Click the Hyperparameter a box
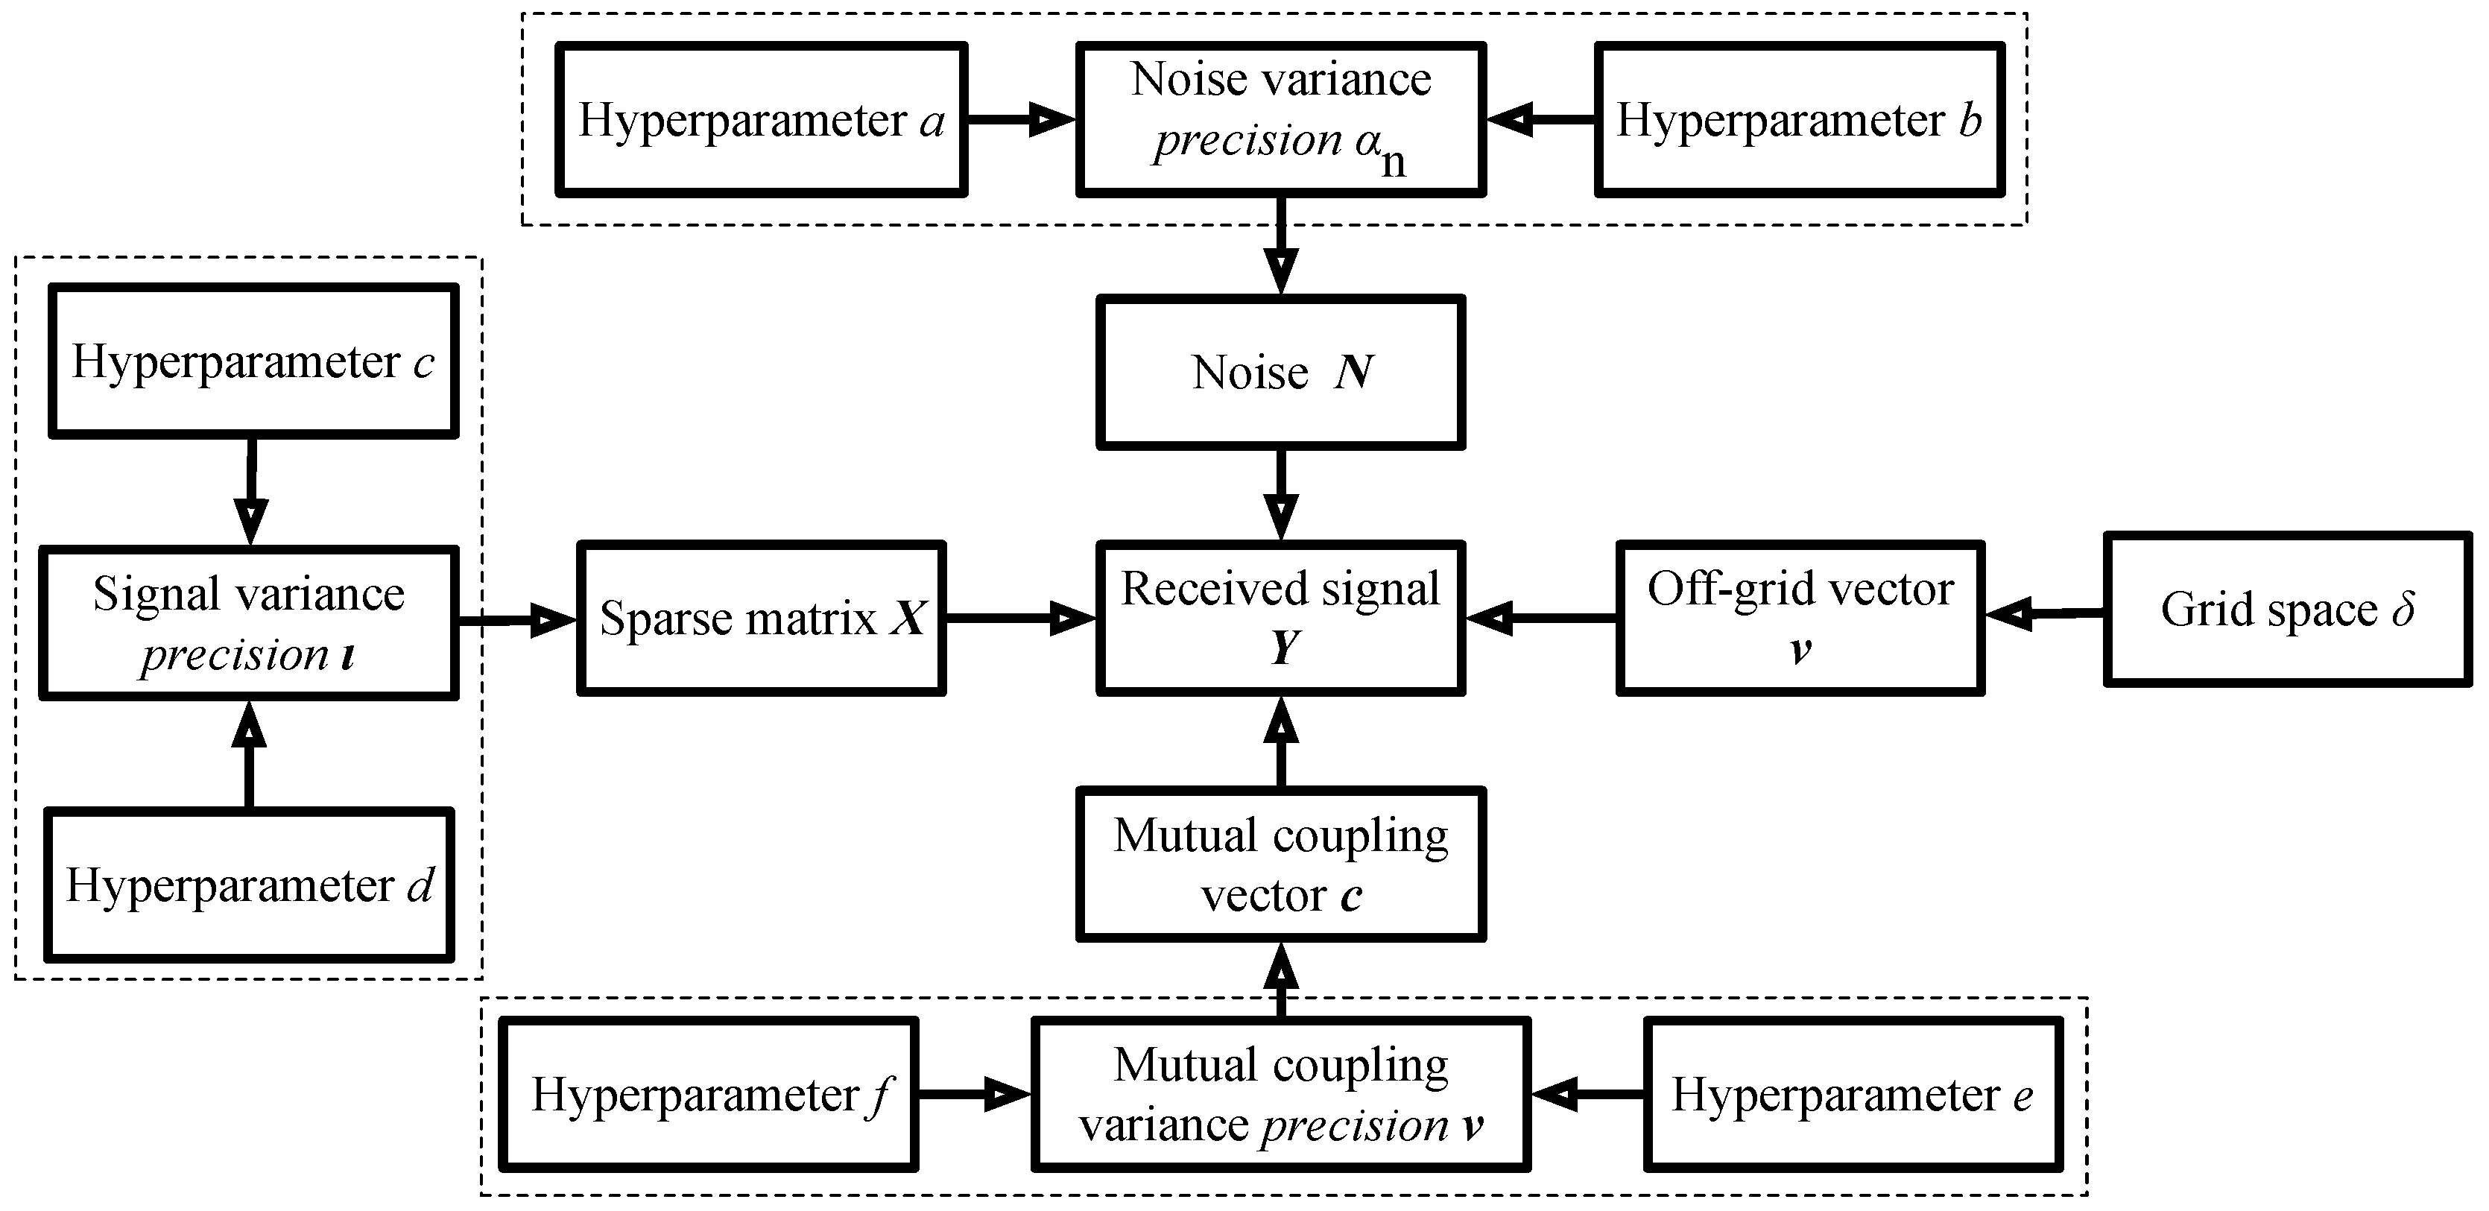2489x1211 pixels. [762, 120]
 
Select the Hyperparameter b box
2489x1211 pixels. [1799, 120]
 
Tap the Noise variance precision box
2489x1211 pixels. [1280, 120]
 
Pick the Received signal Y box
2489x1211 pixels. [1280, 619]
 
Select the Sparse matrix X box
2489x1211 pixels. [762, 619]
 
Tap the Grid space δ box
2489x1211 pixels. [2287, 610]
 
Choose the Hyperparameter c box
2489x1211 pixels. [253, 361]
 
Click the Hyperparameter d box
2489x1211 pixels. [250, 885]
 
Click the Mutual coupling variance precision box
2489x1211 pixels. [1280, 1095]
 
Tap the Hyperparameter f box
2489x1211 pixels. [708, 1095]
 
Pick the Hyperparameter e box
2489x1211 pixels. [1853, 1095]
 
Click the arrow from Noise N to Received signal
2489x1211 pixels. [1280, 495]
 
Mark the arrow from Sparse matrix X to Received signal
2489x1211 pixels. [1019, 619]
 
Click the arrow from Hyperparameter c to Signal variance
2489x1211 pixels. [251, 493]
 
